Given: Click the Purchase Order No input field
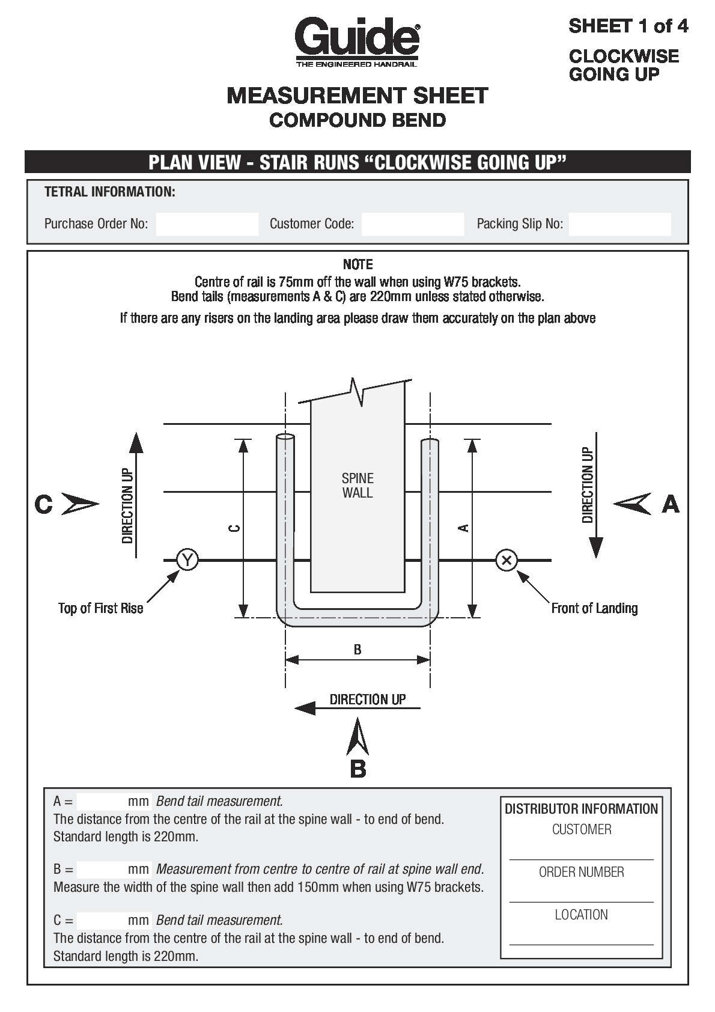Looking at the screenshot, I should [x=207, y=224].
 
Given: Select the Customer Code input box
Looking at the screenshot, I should [x=413, y=224].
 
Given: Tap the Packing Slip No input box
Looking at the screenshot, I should [x=619, y=224].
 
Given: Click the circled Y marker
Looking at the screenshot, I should [x=187, y=560].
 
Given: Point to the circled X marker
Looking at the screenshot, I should [x=507, y=560].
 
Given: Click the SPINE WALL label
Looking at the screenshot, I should [x=357, y=486].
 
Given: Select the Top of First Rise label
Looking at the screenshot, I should [x=100, y=608].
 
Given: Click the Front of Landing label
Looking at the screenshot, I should [x=594, y=608].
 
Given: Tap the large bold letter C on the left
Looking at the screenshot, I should [x=43, y=504].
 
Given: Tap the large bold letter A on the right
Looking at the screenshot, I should [x=671, y=504].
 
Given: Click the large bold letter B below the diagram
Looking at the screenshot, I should [x=357, y=769].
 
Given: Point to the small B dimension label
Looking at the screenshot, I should [x=357, y=650].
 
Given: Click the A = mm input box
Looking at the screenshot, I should [x=102, y=802].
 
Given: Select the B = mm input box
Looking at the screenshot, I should [x=102, y=870].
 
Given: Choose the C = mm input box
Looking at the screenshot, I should [x=102, y=921].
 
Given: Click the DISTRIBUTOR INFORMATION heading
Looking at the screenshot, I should [x=581, y=809].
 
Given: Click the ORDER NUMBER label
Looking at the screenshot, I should [x=581, y=872].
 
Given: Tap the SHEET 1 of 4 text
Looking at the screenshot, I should [x=628, y=26].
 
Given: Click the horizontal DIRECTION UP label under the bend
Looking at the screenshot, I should [x=367, y=699].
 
